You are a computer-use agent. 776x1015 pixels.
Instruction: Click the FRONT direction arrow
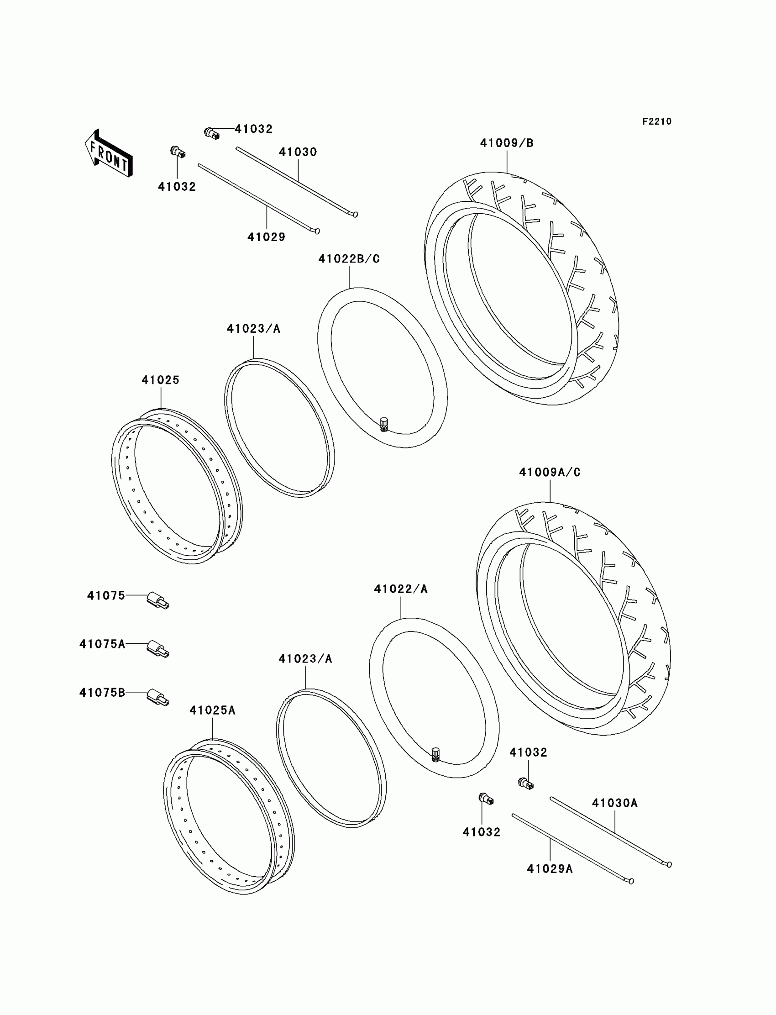click(x=109, y=153)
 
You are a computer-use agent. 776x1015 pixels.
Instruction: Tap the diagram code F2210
click(x=656, y=121)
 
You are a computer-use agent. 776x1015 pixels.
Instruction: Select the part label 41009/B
click(x=507, y=143)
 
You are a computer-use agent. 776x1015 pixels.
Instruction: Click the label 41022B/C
click(x=349, y=259)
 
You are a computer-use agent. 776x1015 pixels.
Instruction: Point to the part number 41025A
click(x=212, y=710)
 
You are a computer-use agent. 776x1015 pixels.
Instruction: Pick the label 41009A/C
click(x=550, y=473)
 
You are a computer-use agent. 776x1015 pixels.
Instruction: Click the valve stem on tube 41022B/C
click(x=384, y=424)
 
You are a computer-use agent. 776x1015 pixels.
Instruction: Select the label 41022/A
click(x=400, y=589)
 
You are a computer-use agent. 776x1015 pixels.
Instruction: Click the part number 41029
click(x=267, y=237)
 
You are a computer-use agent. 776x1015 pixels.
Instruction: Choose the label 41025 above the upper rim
click(x=160, y=380)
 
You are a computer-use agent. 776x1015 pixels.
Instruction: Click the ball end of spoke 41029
click(x=317, y=231)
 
